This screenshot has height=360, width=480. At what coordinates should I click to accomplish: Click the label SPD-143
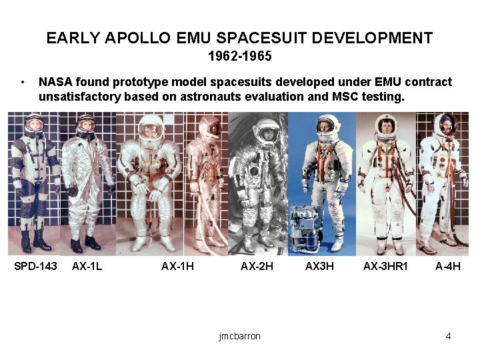tap(36, 267)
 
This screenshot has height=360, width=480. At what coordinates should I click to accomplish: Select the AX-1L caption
tap(87, 267)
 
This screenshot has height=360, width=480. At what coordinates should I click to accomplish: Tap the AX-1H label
tap(177, 267)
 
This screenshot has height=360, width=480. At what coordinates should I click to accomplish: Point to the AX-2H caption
tap(257, 267)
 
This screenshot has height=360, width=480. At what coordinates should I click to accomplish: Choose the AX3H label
tap(319, 267)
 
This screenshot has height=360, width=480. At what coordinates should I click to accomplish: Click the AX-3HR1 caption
tap(385, 267)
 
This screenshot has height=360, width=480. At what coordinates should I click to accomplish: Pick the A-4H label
tap(447, 267)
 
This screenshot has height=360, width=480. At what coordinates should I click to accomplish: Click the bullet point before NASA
tap(23, 83)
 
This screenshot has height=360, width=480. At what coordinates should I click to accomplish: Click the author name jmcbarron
tap(239, 336)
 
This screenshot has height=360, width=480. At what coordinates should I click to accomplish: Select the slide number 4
tap(448, 336)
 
